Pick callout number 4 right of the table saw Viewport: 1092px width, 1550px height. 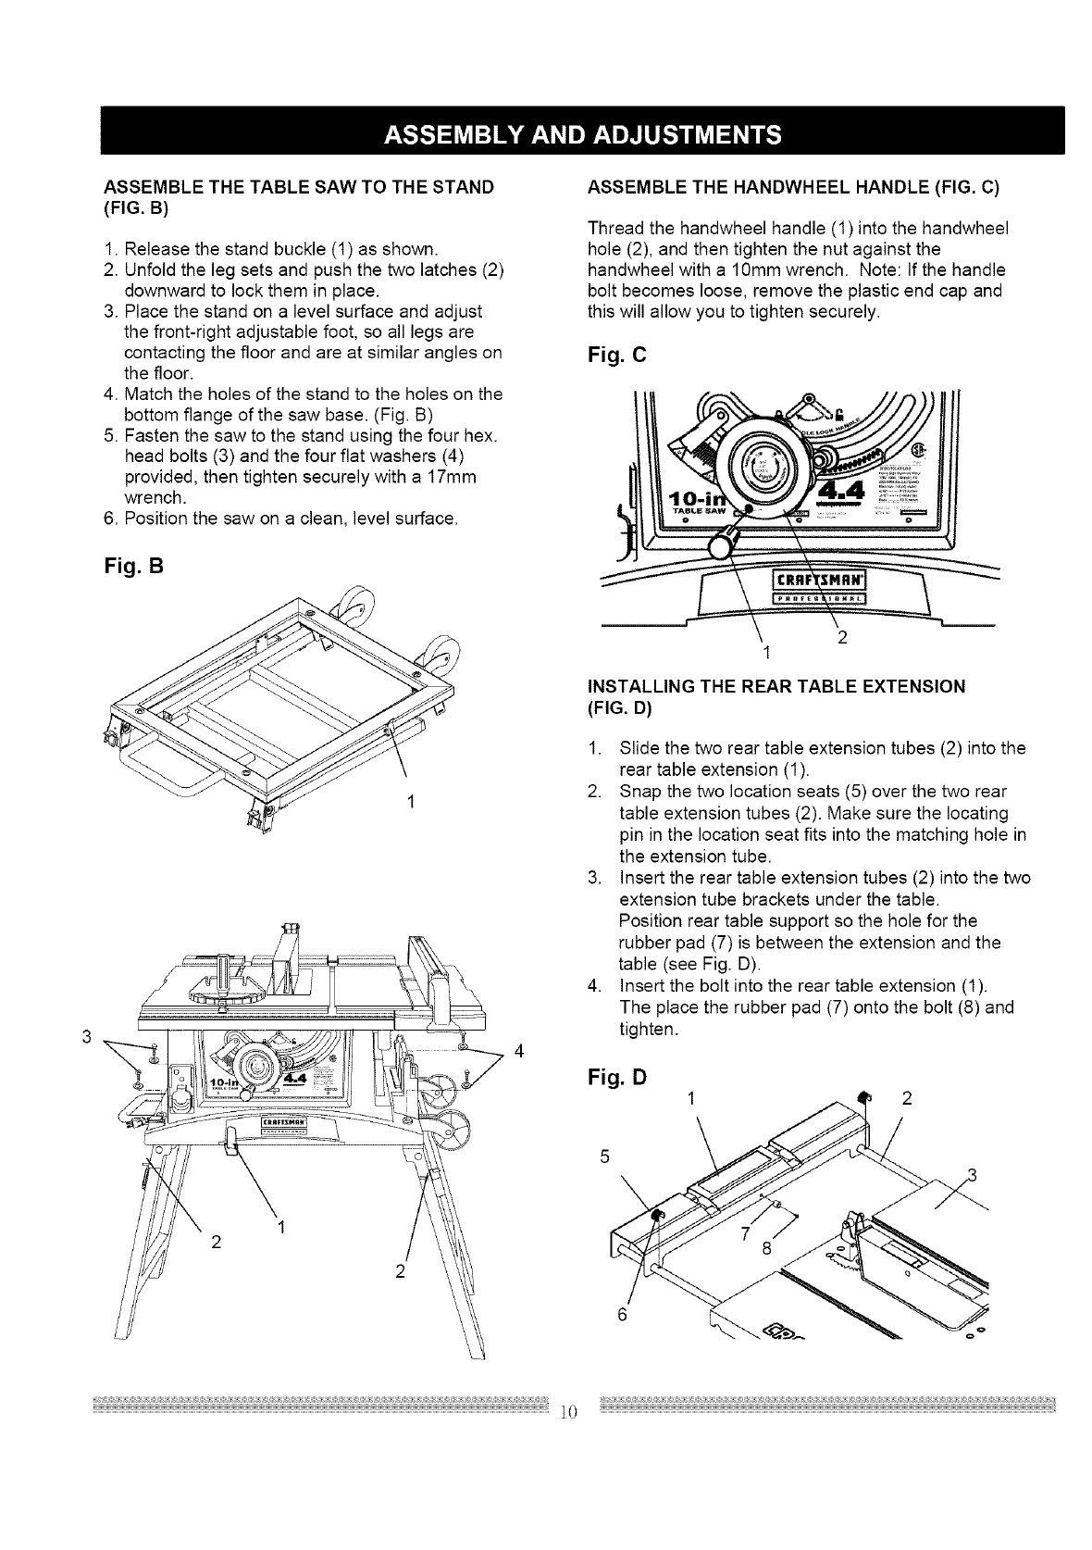click(518, 1050)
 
